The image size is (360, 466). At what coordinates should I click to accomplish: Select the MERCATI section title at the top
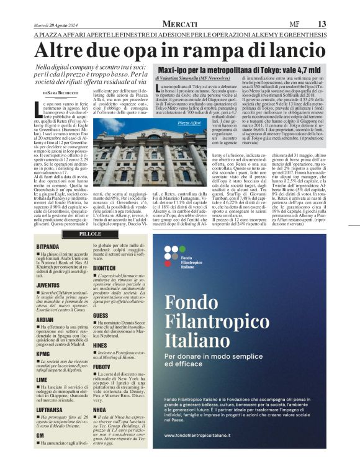coord(181,24)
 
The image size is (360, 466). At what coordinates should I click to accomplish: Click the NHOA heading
coord(99,408)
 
